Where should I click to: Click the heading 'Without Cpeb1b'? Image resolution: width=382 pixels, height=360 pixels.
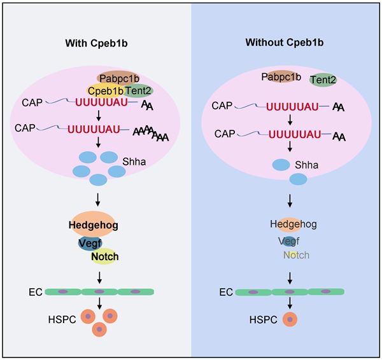point(285,43)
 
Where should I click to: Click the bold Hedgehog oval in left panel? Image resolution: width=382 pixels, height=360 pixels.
point(94,225)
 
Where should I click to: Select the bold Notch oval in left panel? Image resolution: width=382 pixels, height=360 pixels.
point(105,256)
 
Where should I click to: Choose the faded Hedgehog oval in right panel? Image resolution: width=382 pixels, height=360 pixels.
point(293,224)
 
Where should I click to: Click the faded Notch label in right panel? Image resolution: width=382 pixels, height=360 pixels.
point(296,255)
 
